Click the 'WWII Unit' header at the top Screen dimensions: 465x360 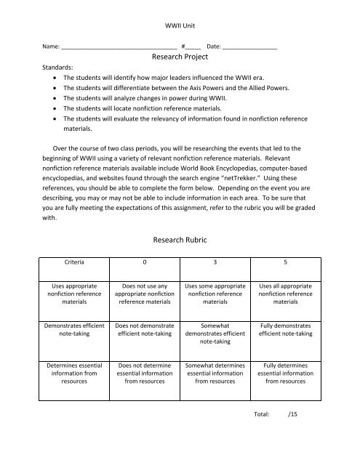(180, 14)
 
